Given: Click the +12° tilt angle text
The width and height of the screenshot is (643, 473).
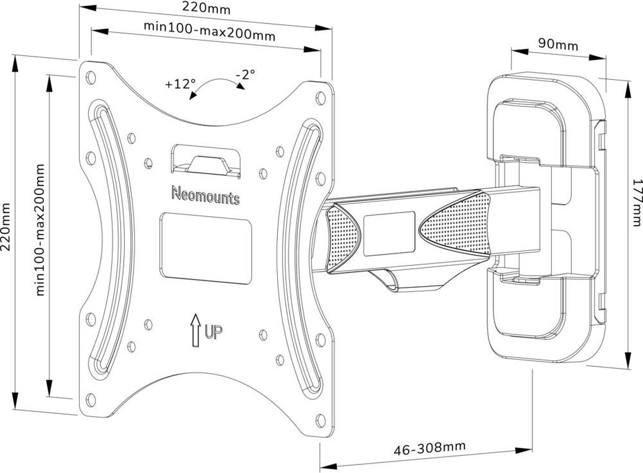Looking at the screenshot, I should coord(180,84).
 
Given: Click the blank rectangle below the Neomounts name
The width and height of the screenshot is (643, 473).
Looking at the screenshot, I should coord(206,248).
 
